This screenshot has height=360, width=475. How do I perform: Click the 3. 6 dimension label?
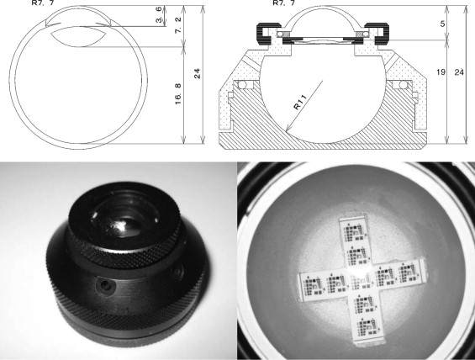159,15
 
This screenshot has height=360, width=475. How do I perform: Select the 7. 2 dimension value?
178,25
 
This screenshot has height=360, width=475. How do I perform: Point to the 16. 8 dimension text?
178,94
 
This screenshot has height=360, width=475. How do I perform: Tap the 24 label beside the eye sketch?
198,74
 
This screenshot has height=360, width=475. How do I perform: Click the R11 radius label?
300,102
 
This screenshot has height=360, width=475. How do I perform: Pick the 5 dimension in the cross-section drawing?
442,24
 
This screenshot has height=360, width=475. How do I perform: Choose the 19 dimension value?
441,72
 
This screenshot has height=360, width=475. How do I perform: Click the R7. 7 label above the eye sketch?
43,3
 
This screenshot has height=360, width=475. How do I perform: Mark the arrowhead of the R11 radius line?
287,130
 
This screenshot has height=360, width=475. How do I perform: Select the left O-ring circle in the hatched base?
242,85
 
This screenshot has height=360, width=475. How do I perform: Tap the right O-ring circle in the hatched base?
404,85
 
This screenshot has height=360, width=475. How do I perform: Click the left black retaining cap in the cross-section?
268,34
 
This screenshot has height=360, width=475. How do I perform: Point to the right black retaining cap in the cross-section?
377,34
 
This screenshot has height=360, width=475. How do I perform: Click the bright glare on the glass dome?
120,226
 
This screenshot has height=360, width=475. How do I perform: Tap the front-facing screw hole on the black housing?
105,285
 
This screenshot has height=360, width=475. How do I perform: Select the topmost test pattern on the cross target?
355,232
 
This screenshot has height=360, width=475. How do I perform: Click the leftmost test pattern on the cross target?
313,285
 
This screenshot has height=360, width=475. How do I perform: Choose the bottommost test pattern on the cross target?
366,328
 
